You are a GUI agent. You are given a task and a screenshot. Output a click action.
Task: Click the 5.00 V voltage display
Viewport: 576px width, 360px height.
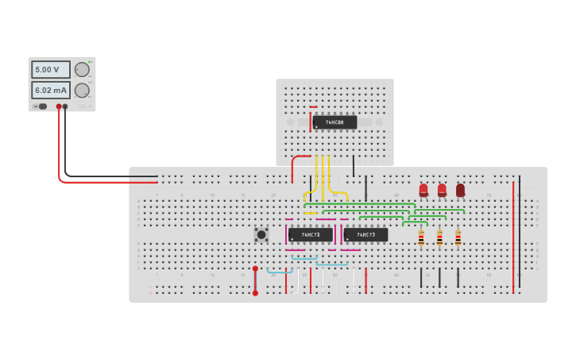click(50, 70)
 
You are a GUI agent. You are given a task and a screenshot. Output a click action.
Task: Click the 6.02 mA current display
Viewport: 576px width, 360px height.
click(50, 91)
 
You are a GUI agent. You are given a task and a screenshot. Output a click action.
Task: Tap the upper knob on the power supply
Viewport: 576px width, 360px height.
click(82, 70)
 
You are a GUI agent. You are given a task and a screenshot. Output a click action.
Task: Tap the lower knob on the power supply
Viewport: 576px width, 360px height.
click(82, 91)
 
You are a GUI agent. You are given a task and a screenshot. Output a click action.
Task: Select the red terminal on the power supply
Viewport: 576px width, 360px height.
click(59, 106)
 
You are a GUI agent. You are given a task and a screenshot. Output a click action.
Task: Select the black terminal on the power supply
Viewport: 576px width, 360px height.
click(65, 106)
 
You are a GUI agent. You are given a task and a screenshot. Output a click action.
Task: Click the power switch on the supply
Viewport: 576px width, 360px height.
click(41, 106)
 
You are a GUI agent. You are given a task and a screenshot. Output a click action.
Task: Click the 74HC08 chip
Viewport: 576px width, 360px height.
click(334, 122)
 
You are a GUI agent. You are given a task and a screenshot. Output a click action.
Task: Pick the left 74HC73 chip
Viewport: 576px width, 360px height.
click(310, 234)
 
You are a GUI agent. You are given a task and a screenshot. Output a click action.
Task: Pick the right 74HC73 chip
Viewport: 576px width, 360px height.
click(365, 234)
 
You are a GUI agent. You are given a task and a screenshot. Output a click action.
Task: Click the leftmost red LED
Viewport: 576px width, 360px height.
click(423, 190)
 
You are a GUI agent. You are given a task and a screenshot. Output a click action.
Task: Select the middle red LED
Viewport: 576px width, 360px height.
click(442, 190)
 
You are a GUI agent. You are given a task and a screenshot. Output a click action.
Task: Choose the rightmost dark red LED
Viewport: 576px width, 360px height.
click(460, 190)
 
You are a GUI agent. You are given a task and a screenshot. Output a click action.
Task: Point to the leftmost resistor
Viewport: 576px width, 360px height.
click(421, 237)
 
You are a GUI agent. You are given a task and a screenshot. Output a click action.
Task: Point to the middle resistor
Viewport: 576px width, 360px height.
click(439, 237)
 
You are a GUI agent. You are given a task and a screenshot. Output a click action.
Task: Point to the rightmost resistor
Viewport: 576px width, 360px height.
click(458, 237)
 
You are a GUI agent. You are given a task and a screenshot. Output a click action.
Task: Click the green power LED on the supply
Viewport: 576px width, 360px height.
click(90, 61)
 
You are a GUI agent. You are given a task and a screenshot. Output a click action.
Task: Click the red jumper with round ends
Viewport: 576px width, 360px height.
click(255, 281)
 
